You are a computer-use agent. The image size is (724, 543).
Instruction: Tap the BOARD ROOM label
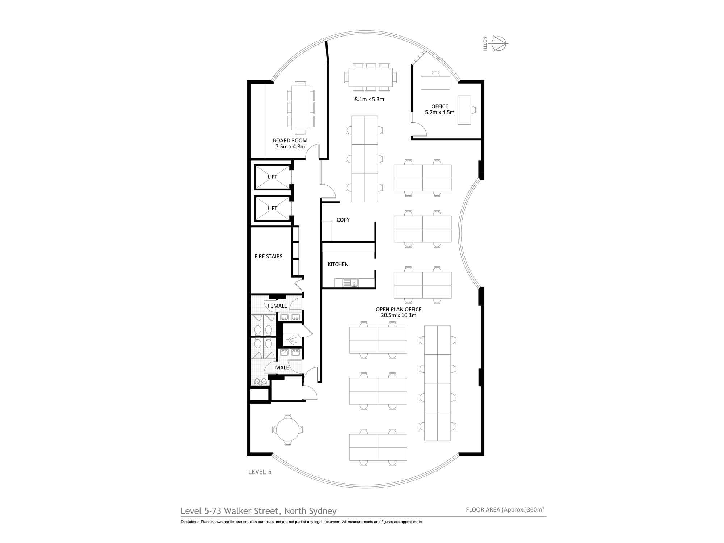pyautogui.click(x=290, y=140)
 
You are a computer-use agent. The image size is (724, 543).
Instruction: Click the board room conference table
pyautogui.click(x=300, y=108)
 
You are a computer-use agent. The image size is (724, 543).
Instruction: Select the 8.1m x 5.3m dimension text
pyautogui.click(x=369, y=99)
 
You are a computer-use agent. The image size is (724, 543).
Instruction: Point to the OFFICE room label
pyautogui.click(x=439, y=106)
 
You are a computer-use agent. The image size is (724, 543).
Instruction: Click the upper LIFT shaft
pyautogui.click(x=273, y=177)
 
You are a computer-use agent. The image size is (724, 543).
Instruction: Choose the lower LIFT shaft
pyautogui.click(x=273, y=208)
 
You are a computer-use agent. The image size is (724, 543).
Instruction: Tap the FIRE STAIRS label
pyautogui.click(x=268, y=256)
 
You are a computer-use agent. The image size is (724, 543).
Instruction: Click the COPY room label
pyautogui.click(x=343, y=220)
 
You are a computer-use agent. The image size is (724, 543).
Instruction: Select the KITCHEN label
pyautogui.click(x=338, y=264)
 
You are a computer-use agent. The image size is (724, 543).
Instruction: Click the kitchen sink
pyautogui.click(x=350, y=282)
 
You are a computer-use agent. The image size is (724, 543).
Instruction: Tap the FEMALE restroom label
pyautogui.click(x=277, y=306)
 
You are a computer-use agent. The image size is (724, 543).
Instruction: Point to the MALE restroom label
pyautogui.click(x=282, y=367)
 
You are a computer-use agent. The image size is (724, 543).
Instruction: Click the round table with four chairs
pyautogui.click(x=288, y=430)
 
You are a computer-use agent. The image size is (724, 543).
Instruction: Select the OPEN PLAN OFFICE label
pyautogui.click(x=399, y=309)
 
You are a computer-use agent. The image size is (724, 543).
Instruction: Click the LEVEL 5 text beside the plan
pyautogui.click(x=260, y=472)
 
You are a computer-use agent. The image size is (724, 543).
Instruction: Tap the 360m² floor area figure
pyautogui.click(x=536, y=509)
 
